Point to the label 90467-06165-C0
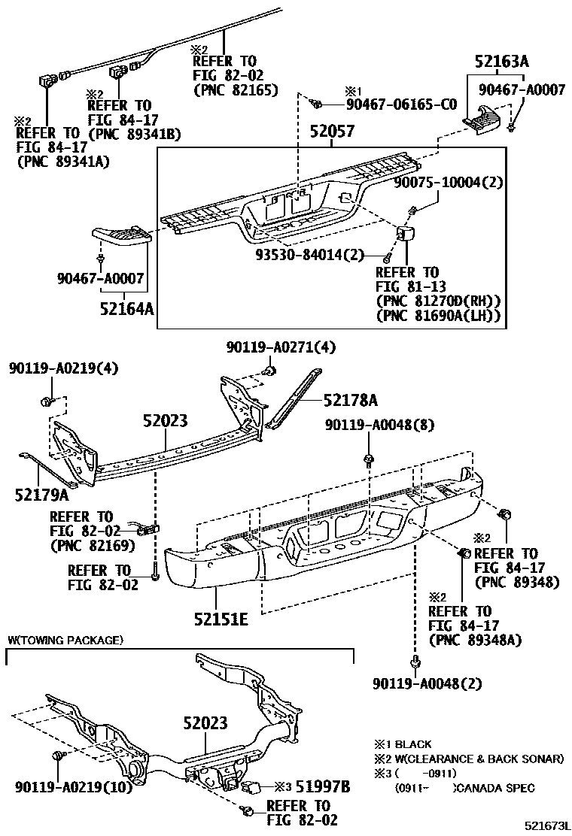[401, 104]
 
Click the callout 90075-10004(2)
[449, 182]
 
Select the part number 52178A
[351, 399]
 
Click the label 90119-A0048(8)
[380, 425]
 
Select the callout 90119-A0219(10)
[73, 787]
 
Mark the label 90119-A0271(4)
[281, 347]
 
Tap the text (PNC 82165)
[236, 89]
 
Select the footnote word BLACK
[413, 744]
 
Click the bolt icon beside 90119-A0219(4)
[50, 398]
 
